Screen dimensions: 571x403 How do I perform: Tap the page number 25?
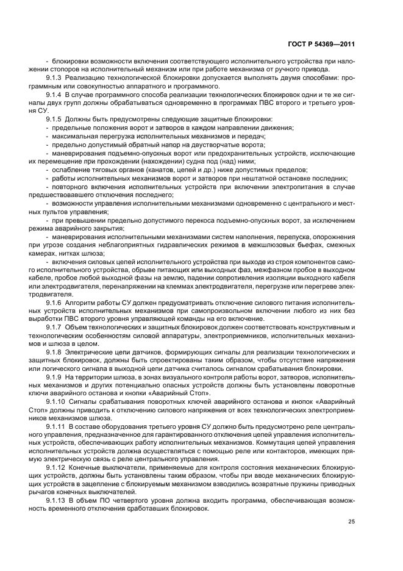[352, 522]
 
